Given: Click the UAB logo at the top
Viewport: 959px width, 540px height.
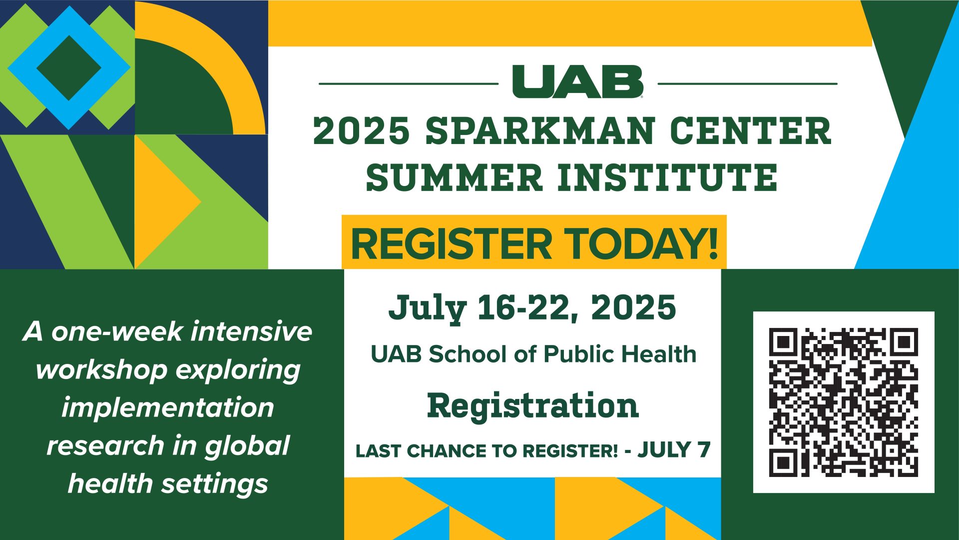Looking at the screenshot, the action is [x=578, y=81].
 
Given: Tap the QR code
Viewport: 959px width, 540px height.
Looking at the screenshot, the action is [x=844, y=402].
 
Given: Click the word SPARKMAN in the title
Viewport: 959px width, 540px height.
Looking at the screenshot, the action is [x=540, y=131].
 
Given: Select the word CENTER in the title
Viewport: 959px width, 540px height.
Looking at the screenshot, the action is [x=750, y=131].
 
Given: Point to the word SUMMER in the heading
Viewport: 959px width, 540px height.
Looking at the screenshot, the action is [x=454, y=177].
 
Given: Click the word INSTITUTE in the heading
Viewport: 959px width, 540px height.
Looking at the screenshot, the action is [x=667, y=177].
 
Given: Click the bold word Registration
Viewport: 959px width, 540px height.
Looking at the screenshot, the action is [x=533, y=406].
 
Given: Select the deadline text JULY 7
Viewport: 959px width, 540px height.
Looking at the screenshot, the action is [x=674, y=450].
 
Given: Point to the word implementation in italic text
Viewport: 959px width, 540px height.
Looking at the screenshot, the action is [x=168, y=407].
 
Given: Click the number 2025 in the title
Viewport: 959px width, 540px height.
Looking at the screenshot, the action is [x=362, y=131].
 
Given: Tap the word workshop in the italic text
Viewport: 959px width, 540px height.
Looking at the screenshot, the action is [x=101, y=370].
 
